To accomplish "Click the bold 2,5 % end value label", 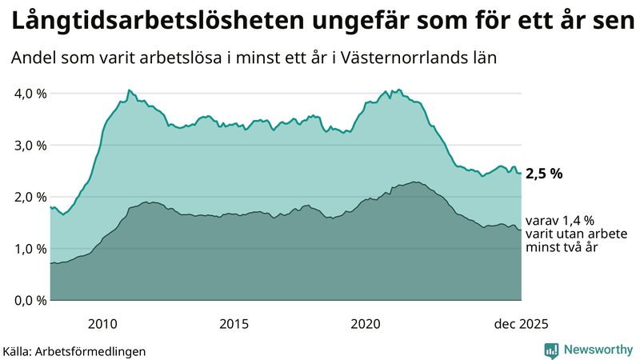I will point(545,174).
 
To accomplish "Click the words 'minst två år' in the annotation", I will point(562,248).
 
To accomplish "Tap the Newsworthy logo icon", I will point(551,350).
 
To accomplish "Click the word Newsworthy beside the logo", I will point(597,350).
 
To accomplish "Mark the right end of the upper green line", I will point(521,174).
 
